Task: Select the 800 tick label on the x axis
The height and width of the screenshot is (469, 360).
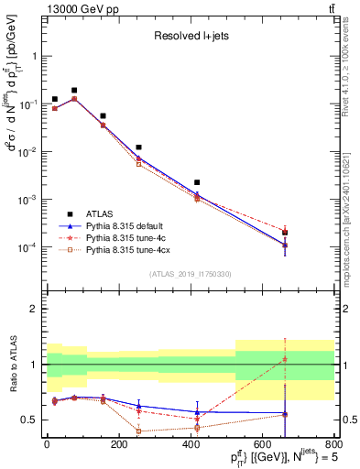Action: point(334,445)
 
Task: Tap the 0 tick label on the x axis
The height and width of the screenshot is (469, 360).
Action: point(47,445)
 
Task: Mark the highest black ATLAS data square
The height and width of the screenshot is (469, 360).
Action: point(74,91)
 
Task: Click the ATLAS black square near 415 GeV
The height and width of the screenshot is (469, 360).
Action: point(197,182)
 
